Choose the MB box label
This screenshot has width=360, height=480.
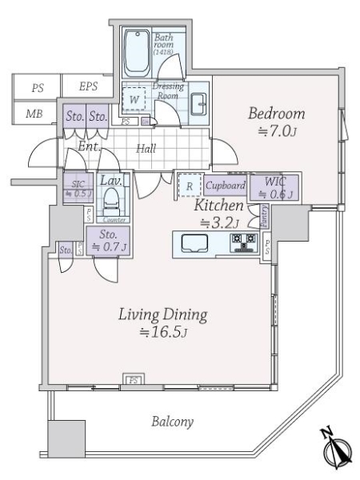34,114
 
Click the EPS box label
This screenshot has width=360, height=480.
88,87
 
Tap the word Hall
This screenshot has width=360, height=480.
145,149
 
